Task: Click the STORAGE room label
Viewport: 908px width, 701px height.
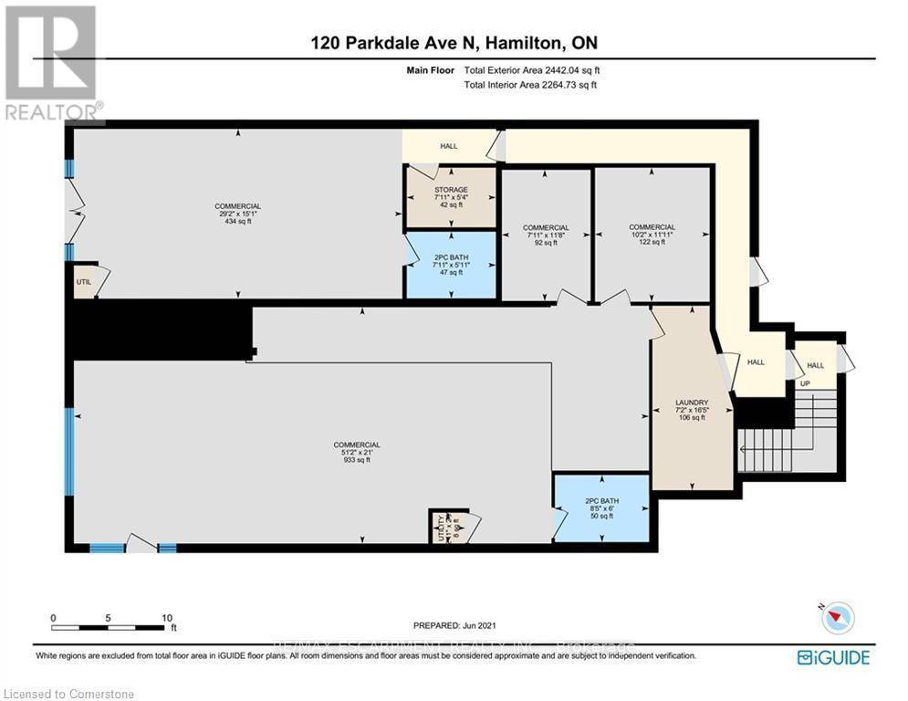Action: pyautogui.click(x=450, y=190)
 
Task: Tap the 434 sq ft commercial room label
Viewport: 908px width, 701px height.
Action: pyautogui.click(x=237, y=206)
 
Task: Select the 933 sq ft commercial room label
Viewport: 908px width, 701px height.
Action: pyautogui.click(x=356, y=445)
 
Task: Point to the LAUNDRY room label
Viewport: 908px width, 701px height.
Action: pyautogui.click(x=691, y=403)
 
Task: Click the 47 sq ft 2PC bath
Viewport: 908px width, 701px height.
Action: pyautogui.click(x=450, y=264)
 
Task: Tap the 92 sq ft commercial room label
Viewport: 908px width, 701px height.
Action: pyautogui.click(x=545, y=228)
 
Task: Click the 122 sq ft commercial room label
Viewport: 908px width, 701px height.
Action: pyautogui.click(x=652, y=227)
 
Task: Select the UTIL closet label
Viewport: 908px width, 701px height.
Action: pyautogui.click(x=83, y=283)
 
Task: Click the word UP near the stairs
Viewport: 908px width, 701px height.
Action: pyautogui.click(x=804, y=384)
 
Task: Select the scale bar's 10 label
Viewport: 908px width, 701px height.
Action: pyautogui.click(x=167, y=618)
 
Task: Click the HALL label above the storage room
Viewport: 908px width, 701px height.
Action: pyautogui.click(x=449, y=146)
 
